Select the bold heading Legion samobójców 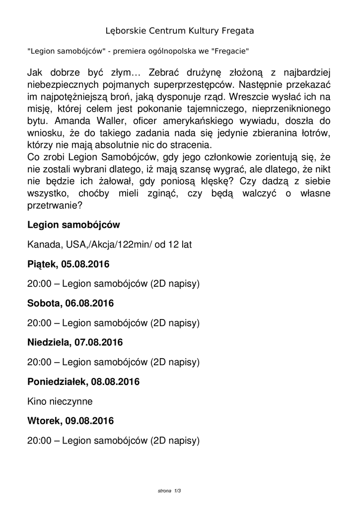[73, 225]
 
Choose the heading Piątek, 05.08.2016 [68, 264]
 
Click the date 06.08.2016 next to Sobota [89, 303]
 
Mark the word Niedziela [49, 342]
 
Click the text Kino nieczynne [60, 401]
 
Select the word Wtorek [43, 421]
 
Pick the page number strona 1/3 [169, 491]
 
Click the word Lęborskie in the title [127, 31]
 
